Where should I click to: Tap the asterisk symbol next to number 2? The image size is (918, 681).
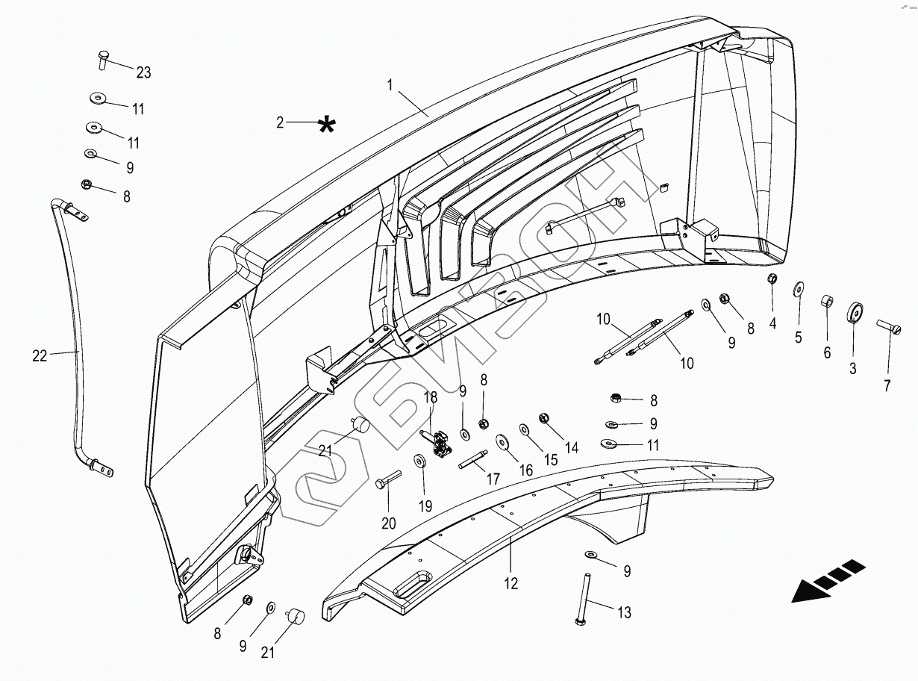coord(326,125)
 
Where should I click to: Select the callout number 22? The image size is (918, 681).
coord(39,356)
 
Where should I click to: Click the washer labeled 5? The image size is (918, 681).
coord(798,289)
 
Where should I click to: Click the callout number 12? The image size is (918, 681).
coord(510,583)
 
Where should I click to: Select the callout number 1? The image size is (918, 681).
coord(390,85)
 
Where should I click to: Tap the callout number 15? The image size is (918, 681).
coord(550,461)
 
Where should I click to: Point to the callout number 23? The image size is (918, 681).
coord(143,72)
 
